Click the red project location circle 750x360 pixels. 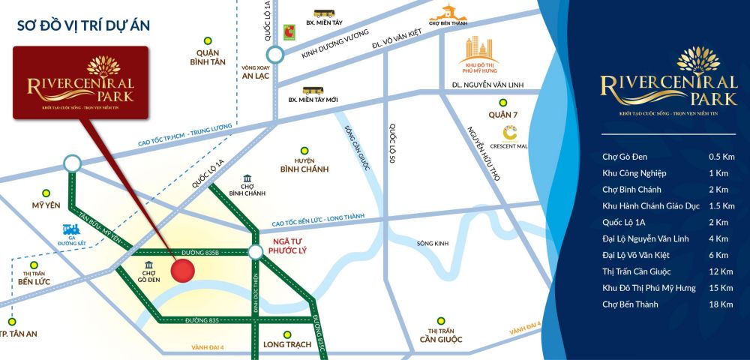[183, 270]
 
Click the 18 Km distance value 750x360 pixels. [718, 304]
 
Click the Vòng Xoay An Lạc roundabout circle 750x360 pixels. [274, 55]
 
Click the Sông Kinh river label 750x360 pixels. [433, 244]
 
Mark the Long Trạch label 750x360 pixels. [285, 346]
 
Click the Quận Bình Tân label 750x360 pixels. [211, 58]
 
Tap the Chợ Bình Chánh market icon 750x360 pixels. [247, 180]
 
